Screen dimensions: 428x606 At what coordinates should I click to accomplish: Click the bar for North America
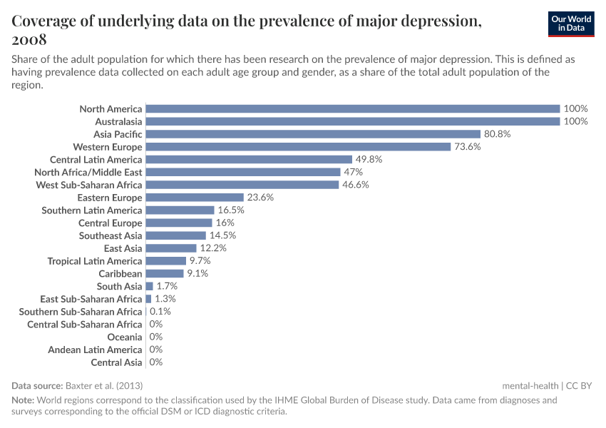(352, 109)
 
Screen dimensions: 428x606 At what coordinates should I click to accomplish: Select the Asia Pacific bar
(313, 134)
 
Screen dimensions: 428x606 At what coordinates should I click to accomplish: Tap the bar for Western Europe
(298, 147)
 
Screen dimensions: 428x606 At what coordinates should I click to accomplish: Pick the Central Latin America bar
(249, 160)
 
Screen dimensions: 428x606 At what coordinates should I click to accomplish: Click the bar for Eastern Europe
(195, 198)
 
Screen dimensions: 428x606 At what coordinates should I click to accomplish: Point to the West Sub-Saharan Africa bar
(242, 185)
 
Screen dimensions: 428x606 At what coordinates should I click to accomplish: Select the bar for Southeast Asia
(175, 235)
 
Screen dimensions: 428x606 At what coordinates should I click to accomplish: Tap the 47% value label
(354, 172)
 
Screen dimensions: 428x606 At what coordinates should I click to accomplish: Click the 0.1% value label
(160, 312)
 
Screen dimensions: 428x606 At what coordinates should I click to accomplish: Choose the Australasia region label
(118, 122)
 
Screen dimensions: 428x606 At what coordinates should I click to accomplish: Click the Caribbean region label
(120, 274)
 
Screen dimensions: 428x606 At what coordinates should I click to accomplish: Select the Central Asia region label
(116, 362)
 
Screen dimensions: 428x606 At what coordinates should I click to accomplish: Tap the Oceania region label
(125, 337)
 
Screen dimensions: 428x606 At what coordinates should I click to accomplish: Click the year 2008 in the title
(29, 39)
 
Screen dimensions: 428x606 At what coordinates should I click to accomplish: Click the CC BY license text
(579, 385)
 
